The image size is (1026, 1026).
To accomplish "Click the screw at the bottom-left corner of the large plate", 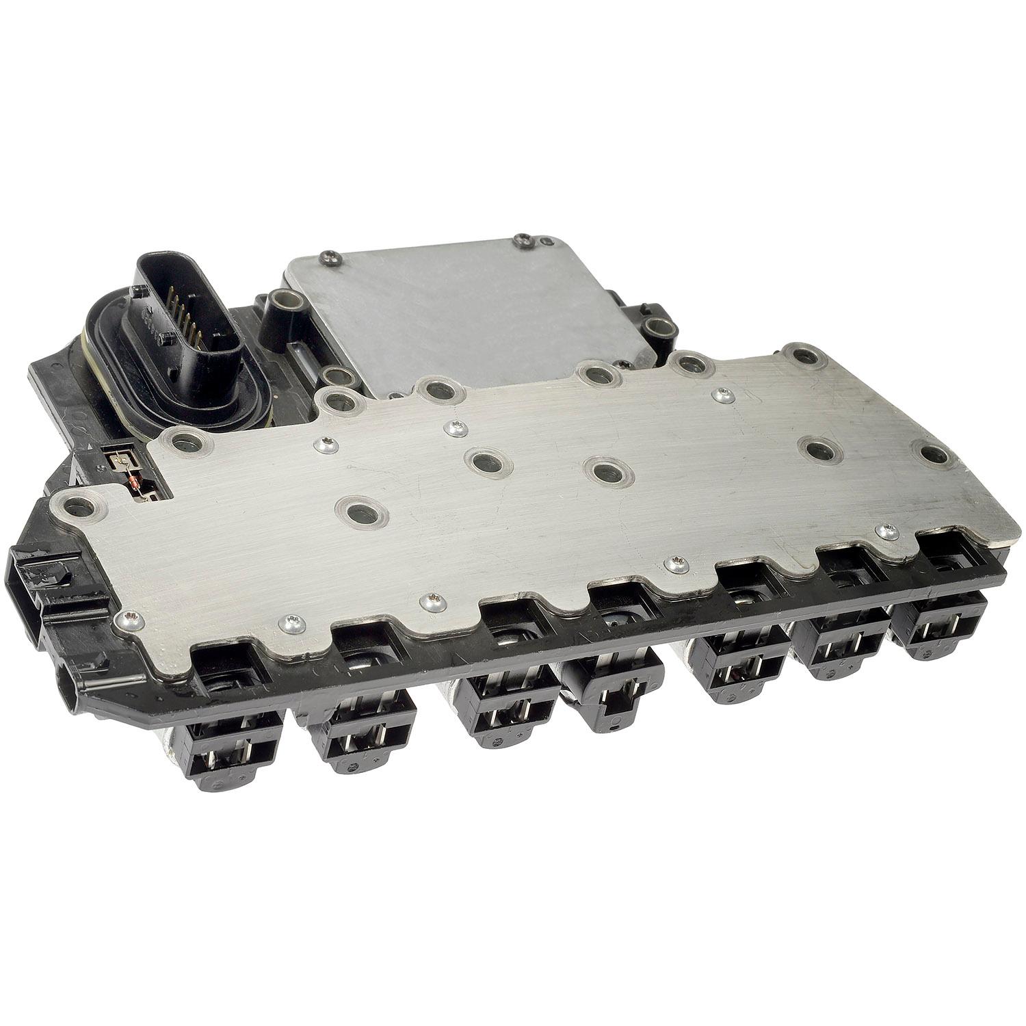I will [x=130, y=620].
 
